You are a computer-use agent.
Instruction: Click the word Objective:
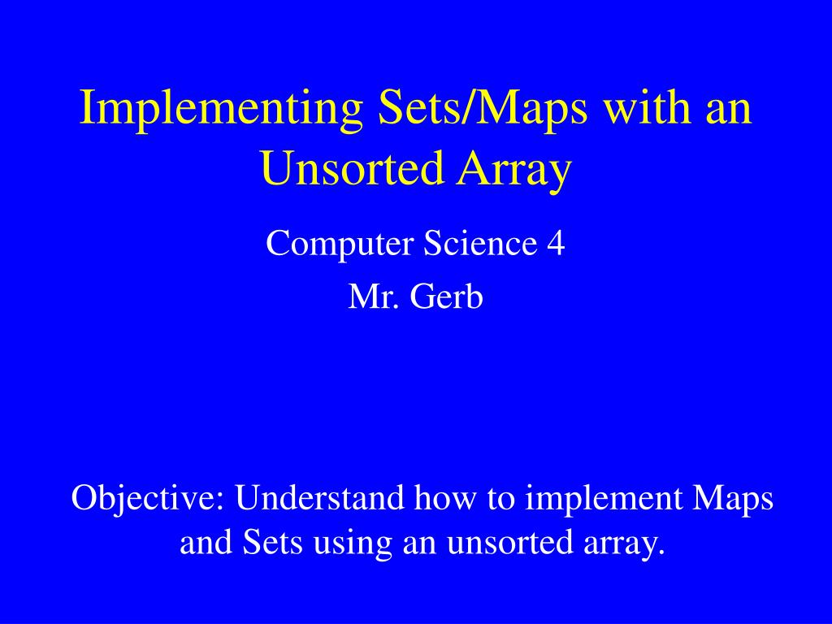coord(147,498)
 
